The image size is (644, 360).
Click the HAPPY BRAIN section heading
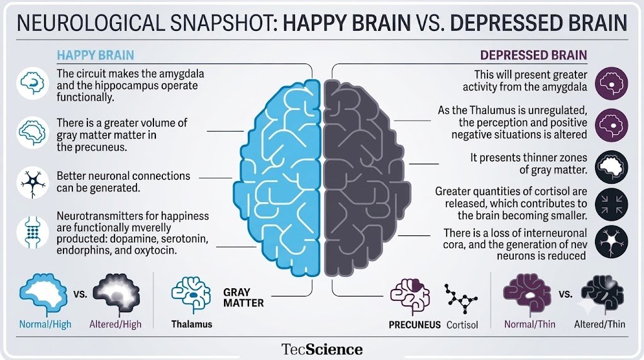(x=96, y=55)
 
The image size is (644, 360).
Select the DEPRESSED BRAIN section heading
(x=533, y=55)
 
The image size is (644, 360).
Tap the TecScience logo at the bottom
(x=322, y=349)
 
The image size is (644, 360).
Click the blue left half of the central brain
(x=277, y=177)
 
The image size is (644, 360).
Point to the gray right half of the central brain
(x=367, y=177)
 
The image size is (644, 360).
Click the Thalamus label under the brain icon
(x=192, y=324)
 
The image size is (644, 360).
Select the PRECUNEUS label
(x=414, y=325)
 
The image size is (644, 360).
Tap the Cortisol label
(x=462, y=325)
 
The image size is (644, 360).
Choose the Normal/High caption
(x=45, y=324)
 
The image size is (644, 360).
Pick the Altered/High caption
(x=116, y=324)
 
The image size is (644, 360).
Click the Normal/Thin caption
(x=530, y=324)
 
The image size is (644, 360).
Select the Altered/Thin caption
(x=599, y=324)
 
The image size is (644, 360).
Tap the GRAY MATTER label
(x=243, y=298)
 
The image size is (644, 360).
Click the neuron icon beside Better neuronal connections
(x=33, y=183)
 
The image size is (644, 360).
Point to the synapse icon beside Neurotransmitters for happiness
(x=33, y=232)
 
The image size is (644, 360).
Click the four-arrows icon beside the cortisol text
(x=611, y=205)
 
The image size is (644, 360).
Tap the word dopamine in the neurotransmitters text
(x=135, y=239)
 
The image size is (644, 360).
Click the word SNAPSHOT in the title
(x=219, y=23)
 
